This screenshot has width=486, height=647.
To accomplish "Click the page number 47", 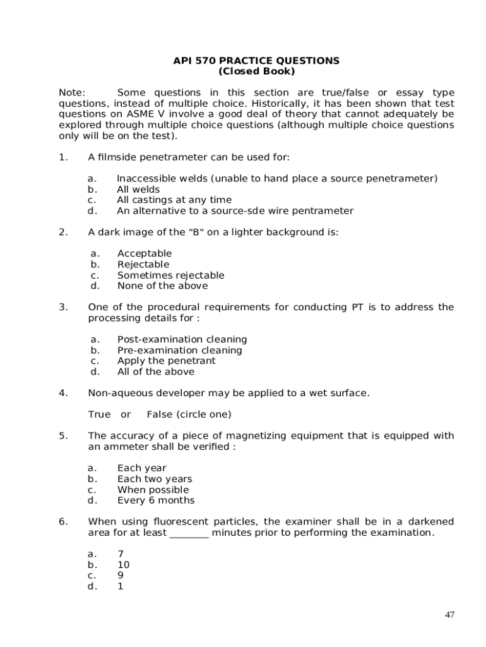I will pos(449,615).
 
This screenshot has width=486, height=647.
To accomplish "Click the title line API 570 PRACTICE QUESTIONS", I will pos(256,61).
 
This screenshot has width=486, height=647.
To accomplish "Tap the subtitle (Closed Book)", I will pos(256,71).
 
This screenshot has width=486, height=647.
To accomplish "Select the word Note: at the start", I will pos(72,93).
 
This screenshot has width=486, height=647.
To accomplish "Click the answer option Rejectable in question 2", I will pos(143,264).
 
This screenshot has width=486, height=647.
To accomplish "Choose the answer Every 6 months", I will pos(156,500).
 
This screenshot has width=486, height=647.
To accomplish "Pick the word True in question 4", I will pos(99,414).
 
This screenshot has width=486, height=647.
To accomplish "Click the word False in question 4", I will pos(160,414).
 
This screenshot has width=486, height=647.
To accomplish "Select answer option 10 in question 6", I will pos(124,565).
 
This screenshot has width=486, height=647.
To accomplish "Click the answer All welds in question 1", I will pos(138,190).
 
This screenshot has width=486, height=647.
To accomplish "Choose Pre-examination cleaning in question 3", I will pos(180,350).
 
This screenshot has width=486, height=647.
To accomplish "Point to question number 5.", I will pos(63,436).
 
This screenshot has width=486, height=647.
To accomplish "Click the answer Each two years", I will pos(155,479).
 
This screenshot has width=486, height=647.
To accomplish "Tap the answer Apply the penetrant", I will pos(166,361).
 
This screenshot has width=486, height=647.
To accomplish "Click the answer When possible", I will pos(153,490).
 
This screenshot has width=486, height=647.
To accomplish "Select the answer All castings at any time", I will pos(174,200).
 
